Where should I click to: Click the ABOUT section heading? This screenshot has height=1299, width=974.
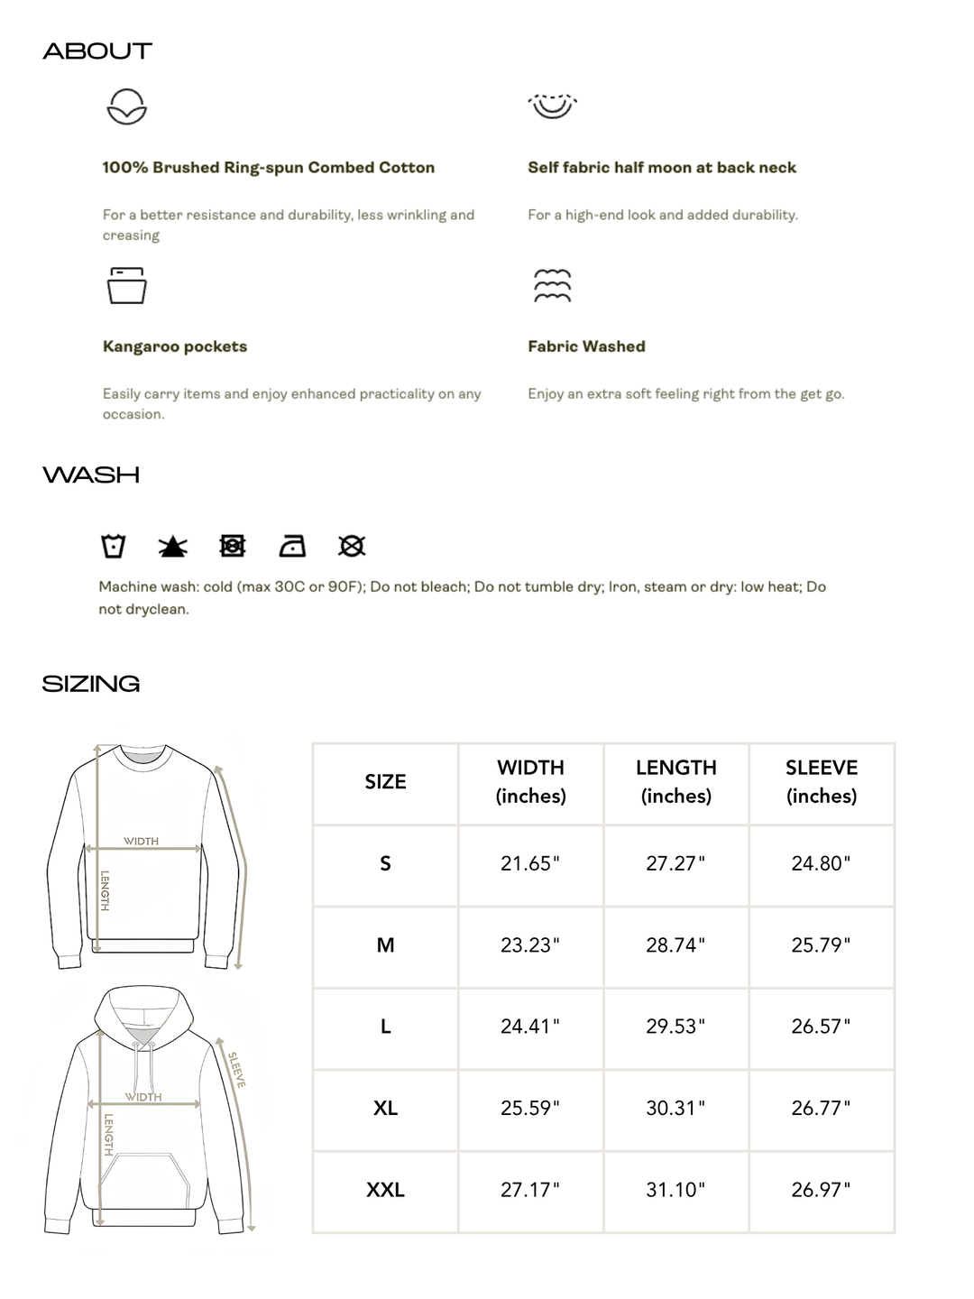97,51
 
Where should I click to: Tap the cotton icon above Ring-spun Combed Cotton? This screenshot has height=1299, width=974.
126,106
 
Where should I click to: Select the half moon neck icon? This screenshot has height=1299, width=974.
552,106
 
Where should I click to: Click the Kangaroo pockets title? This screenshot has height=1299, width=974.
174,346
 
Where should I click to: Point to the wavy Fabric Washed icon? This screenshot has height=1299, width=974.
552,285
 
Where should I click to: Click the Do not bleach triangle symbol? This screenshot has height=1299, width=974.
173,547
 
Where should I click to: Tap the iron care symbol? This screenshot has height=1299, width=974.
292,546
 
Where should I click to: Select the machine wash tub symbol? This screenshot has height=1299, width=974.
114,546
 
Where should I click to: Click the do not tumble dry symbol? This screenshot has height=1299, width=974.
233,546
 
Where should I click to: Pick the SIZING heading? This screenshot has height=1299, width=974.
91,684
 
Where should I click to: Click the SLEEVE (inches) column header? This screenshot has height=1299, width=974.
821,781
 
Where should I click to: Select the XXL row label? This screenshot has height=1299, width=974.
385,1190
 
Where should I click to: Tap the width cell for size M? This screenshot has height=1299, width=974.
530,945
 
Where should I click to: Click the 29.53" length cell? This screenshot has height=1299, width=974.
675,1027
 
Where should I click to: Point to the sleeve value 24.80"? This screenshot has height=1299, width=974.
821,863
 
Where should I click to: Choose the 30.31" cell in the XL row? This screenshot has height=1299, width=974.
675,1108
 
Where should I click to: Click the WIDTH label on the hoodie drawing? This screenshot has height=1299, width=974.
143,1097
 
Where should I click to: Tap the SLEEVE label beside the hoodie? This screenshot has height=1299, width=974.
236,1070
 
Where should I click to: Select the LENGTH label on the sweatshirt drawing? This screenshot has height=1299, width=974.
105,890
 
